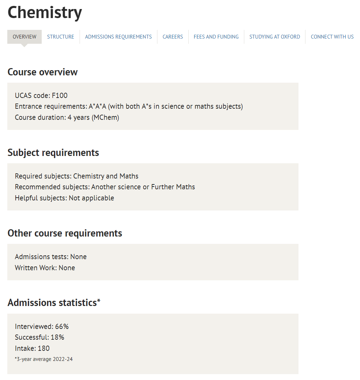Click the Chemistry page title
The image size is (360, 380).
pyautogui.click(x=45, y=13)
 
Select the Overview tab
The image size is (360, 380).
pyautogui.click(x=24, y=37)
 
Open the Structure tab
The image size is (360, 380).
pyautogui.click(x=60, y=37)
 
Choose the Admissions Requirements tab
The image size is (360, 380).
pyautogui.click(x=118, y=37)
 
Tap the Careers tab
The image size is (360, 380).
pyautogui.click(x=173, y=37)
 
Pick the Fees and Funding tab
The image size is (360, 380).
pyautogui.click(x=216, y=37)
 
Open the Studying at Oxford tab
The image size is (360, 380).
pyautogui.click(x=275, y=37)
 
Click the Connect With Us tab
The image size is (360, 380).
pyautogui.click(x=332, y=37)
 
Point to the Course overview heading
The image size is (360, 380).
pyautogui.click(x=42, y=72)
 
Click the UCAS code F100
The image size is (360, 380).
pyautogui.click(x=60, y=96)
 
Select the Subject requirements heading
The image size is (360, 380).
pyautogui.click(x=53, y=152)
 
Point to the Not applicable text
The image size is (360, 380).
pyautogui.click(x=91, y=198)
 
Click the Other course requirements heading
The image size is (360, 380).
pyautogui.click(x=65, y=233)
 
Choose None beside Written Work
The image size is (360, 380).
pyautogui.click(x=67, y=268)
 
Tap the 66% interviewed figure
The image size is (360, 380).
pyautogui.click(x=62, y=327)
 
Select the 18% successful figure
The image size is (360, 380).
pyautogui.click(x=57, y=337)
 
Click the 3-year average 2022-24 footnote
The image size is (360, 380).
pyautogui.click(x=44, y=359)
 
